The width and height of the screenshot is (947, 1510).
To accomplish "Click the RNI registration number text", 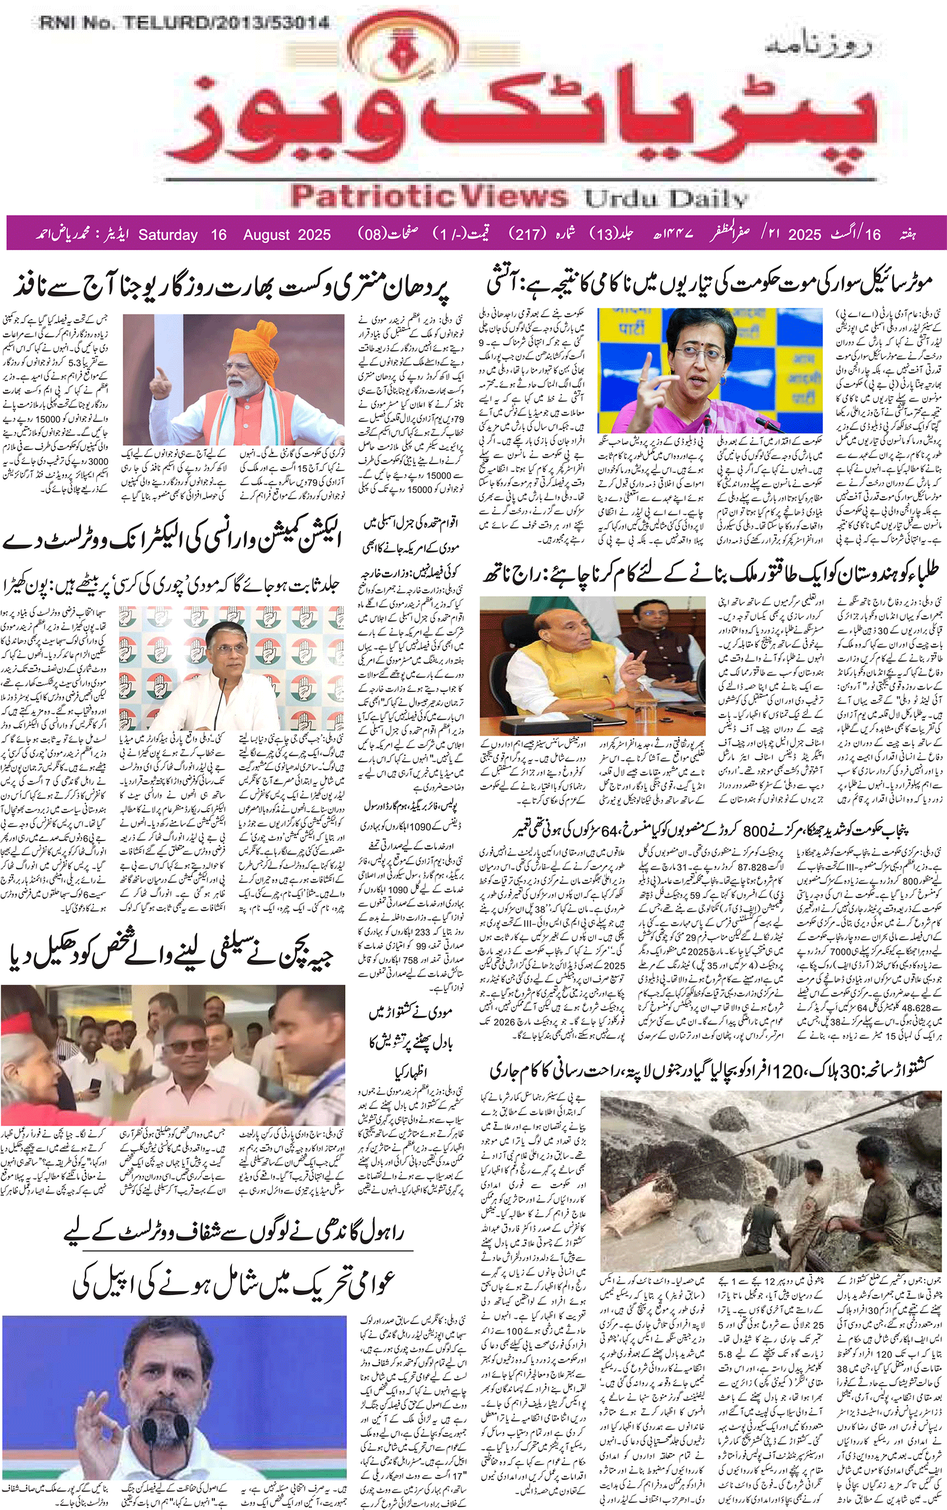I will click(184, 23).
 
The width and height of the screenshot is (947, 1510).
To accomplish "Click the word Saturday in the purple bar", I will click(168, 235).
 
